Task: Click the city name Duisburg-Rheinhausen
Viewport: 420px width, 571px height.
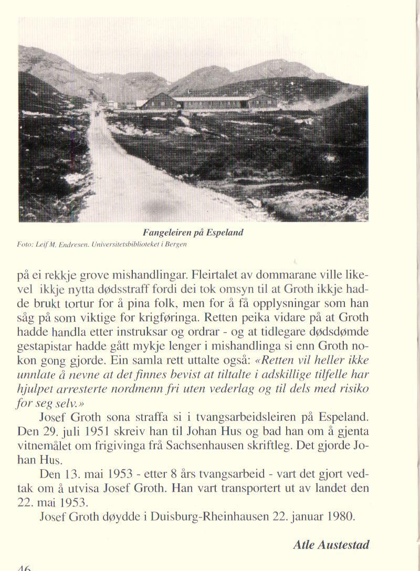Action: (216, 516)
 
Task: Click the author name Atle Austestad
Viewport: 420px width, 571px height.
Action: (331, 545)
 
